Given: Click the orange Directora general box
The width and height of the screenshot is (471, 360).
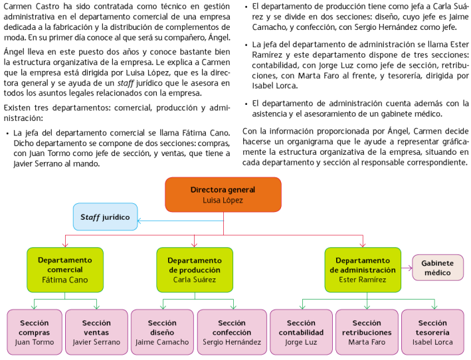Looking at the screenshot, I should tap(223, 194).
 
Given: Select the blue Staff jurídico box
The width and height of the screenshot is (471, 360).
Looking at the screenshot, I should tap(105, 217).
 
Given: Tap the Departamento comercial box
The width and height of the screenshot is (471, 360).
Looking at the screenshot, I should tap(64, 270).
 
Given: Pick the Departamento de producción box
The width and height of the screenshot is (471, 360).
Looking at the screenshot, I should tap(194, 270).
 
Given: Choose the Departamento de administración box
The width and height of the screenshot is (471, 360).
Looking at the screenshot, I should tap(362, 270).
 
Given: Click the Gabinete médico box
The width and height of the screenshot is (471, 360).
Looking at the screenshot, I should tap(438, 268).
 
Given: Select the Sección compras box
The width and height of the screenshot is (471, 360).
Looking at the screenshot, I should tap(34, 332).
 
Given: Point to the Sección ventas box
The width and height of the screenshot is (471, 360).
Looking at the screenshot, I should tap(96, 332).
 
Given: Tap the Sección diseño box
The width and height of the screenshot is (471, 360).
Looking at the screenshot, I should tap(161, 332).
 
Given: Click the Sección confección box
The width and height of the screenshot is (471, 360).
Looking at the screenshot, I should tap(232, 332).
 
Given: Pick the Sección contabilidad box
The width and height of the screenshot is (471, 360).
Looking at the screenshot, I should tap(301, 332).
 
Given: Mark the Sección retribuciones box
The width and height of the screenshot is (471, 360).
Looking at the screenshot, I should tap(367, 332).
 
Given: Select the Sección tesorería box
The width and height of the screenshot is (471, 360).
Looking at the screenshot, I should tap(433, 332).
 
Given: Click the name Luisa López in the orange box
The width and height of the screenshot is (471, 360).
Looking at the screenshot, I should tap(223, 200).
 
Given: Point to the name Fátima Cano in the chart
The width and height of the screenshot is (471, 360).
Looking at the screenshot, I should tap(64, 280).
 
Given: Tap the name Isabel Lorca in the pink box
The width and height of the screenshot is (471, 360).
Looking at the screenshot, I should tap(433, 343).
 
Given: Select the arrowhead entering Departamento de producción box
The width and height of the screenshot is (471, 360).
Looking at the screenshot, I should tap(194, 244).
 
